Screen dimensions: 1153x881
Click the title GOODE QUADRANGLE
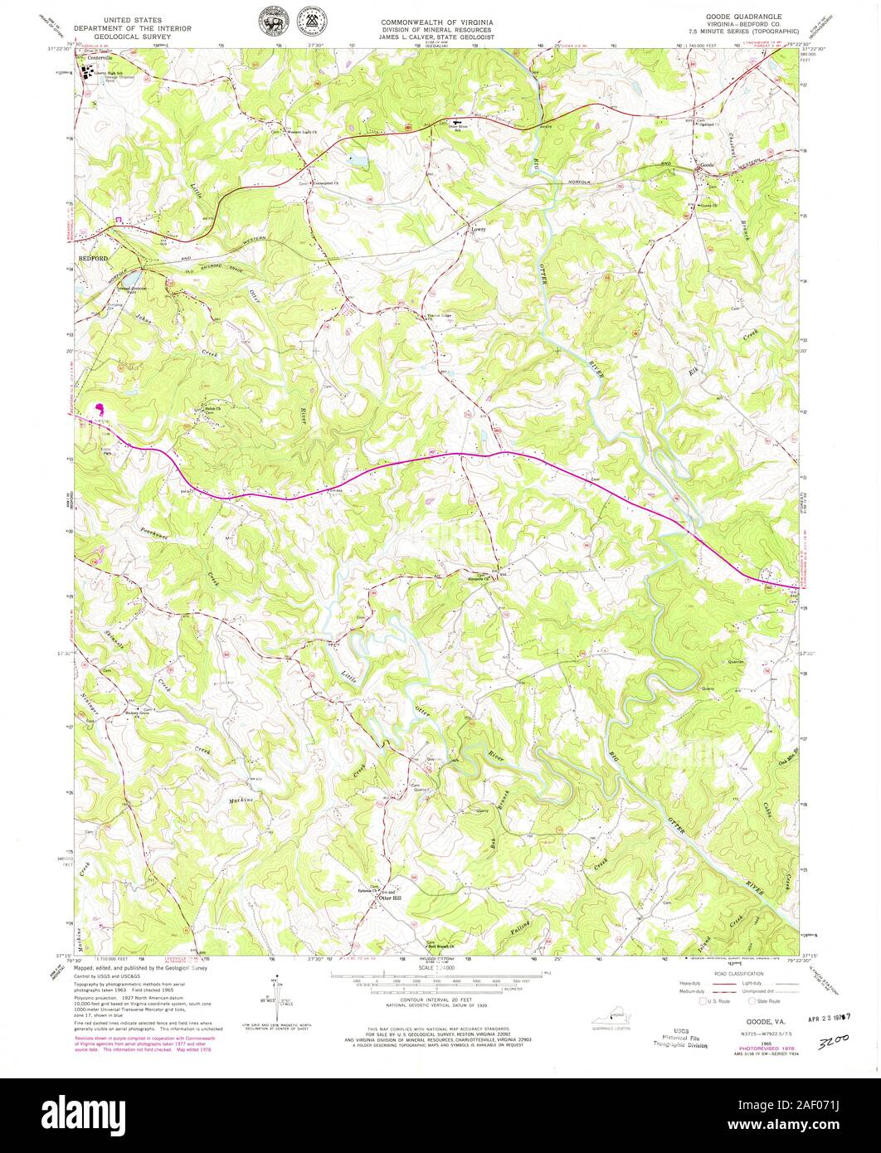(x=733, y=17)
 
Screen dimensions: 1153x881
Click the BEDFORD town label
(x=94, y=259)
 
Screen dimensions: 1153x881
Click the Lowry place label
(x=478, y=221)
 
